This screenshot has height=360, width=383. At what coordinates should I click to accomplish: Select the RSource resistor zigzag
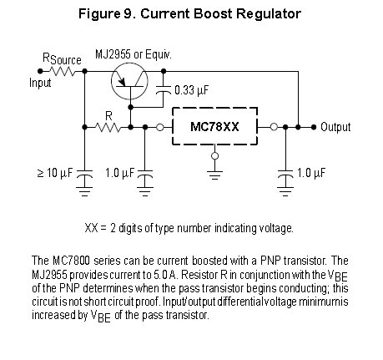(63, 71)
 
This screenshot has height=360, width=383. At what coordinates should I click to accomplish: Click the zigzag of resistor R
(108, 127)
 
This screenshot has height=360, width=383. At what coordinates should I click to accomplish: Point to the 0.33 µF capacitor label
(191, 90)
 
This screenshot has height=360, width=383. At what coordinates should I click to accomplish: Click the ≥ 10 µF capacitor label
(55, 173)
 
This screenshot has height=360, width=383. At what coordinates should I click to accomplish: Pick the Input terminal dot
(40, 71)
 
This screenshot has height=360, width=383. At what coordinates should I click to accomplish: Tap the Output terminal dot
(314, 127)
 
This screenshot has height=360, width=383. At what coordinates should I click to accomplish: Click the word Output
(335, 127)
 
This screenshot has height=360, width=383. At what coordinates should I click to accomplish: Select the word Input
(40, 83)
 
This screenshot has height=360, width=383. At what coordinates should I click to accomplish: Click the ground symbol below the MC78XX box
(214, 175)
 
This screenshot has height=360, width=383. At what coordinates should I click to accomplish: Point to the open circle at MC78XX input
(160, 127)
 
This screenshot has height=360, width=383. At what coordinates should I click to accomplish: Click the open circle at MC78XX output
(274, 127)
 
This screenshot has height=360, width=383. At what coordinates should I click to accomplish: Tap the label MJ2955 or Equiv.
(134, 54)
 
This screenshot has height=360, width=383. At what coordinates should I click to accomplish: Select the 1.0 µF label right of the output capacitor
(311, 173)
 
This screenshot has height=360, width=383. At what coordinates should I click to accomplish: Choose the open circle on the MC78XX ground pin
(214, 156)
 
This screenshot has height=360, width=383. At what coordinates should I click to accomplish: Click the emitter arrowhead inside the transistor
(122, 82)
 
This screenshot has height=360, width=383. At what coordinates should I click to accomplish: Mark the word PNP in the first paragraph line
(270, 261)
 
